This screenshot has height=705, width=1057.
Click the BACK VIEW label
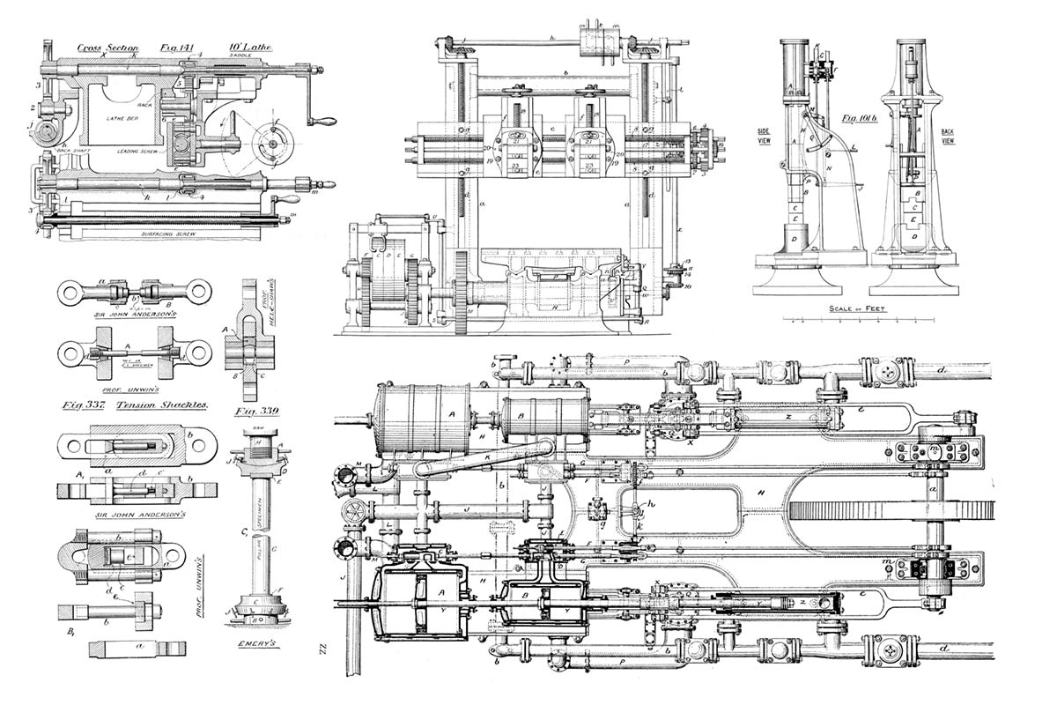[x=949, y=136]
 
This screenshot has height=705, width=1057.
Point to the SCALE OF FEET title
[x=859, y=308]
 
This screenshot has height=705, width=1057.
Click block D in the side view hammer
[x=795, y=239]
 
